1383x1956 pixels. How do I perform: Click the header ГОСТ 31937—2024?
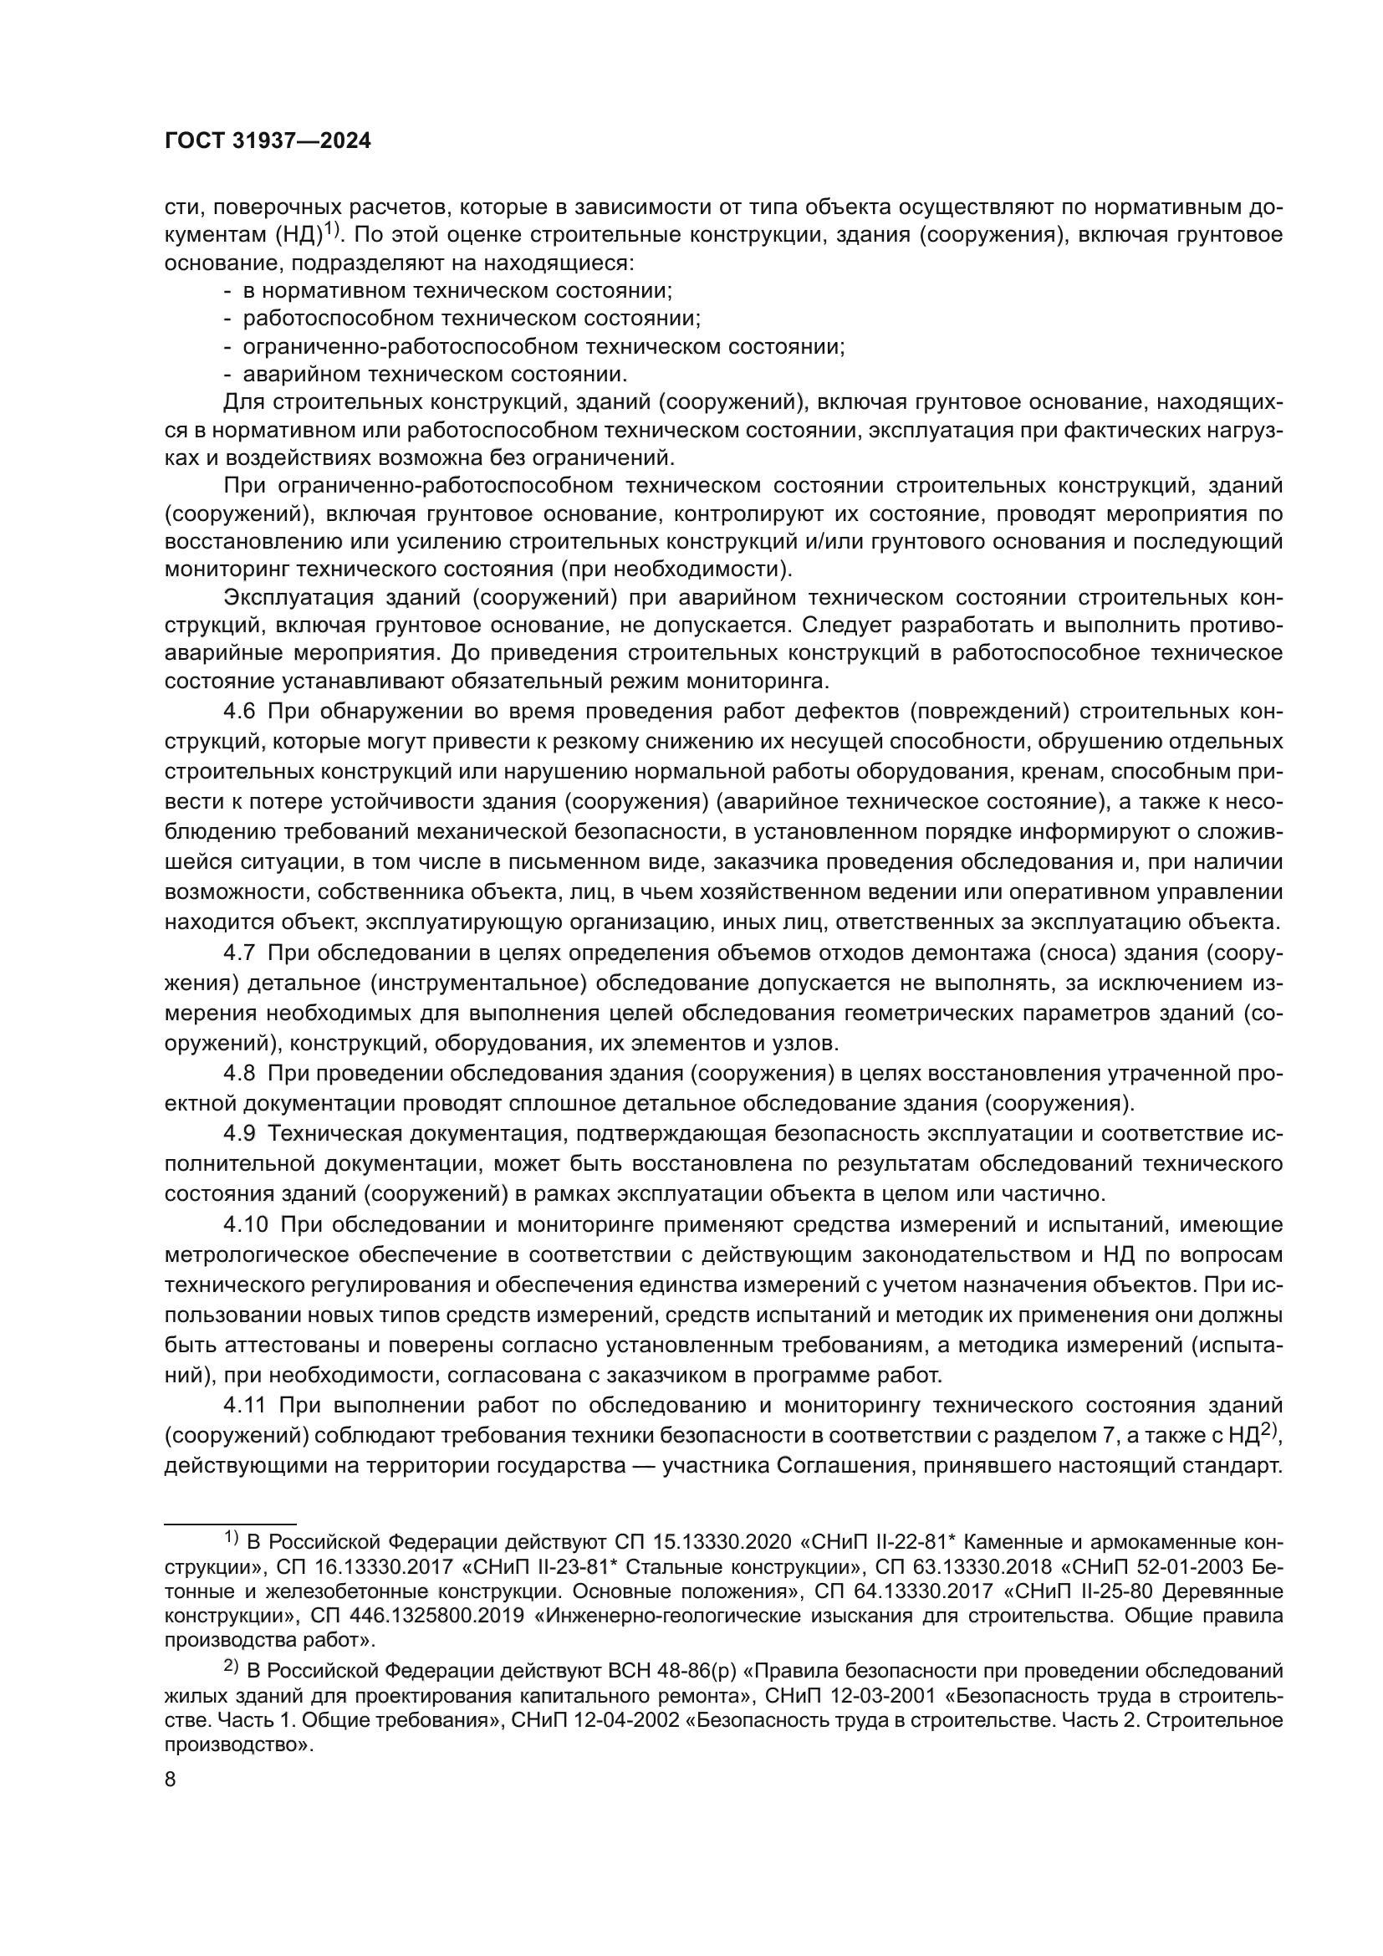pos(268,141)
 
